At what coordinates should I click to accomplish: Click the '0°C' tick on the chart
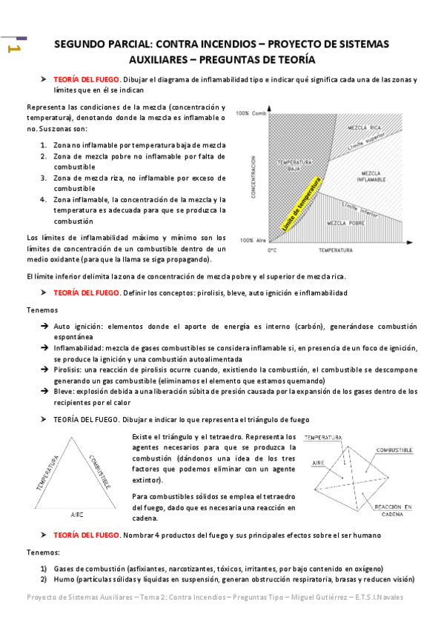pos(271,251)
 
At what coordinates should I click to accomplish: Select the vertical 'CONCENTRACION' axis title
pos(254,177)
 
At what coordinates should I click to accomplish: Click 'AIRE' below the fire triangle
pos(77,513)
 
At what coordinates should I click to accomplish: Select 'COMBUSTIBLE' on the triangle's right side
pos(100,472)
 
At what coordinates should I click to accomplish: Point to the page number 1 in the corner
pos(13,49)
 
